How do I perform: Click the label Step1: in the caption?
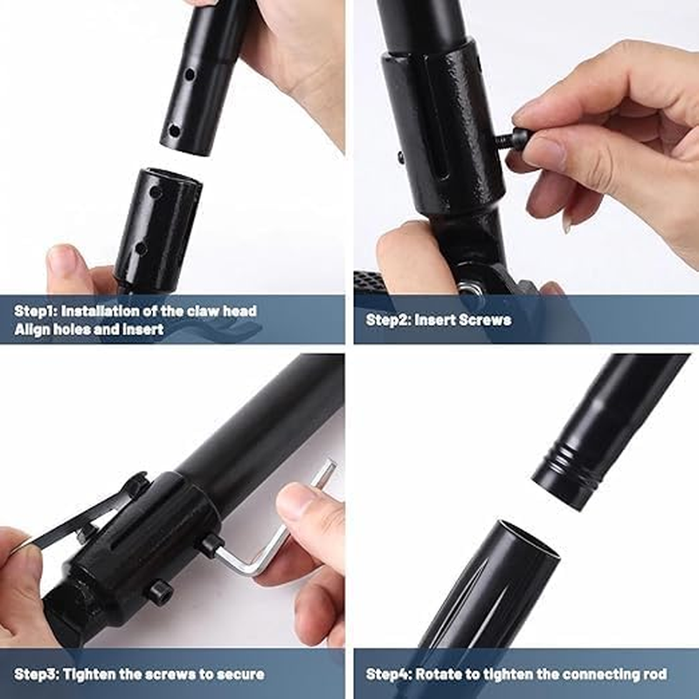click(36, 311)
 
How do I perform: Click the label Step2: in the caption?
click(388, 320)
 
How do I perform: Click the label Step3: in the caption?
click(37, 674)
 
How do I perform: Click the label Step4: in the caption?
click(389, 674)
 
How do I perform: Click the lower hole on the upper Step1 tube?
click(174, 131)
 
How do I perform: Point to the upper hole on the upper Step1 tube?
click(190, 74)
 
